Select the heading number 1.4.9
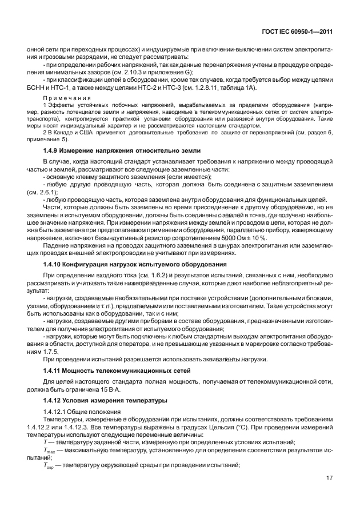53,150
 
